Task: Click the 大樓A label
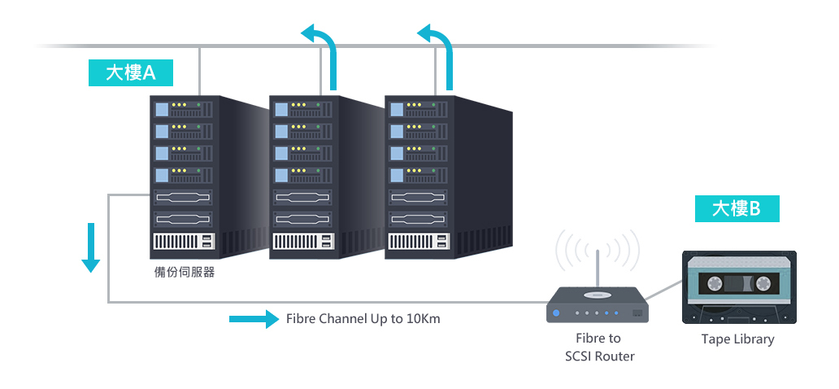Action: pyautogui.click(x=131, y=73)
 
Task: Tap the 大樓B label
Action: pyautogui.click(x=737, y=208)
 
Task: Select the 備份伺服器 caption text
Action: pyautogui.click(x=184, y=272)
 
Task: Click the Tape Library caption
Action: pyautogui.click(x=738, y=339)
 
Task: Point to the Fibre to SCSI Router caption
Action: pyautogui.click(x=599, y=347)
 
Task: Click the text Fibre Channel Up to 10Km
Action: pyautogui.click(x=363, y=319)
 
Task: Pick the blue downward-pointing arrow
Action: pyautogui.click(x=90, y=247)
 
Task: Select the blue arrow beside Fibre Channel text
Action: pyautogui.click(x=254, y=319)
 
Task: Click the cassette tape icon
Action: pyautogui.click(x=739, y=287)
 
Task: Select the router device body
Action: pyautogui.click(x=598, y=305)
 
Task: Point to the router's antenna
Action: pyautogui.click(x=598, y=269)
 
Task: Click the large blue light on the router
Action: pyautogui.click(x=556, y=313)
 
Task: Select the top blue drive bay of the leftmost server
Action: pyautogui.click(x=162, y=110)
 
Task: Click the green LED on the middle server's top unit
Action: pyautogui.click(x=319, y=104)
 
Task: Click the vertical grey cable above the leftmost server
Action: pyautogui.click(x=199, y=72)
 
